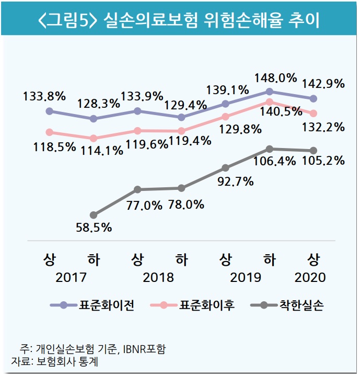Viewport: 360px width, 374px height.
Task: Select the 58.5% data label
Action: tap(94, 228)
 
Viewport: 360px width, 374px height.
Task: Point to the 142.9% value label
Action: tap(322, 83)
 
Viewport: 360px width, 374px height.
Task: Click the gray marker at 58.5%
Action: tap(94, 214)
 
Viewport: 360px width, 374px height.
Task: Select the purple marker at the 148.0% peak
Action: tap(269, 92)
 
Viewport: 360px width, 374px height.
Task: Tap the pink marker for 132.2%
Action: tap(313, 113)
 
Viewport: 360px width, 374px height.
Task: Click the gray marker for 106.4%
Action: tap(269, 149)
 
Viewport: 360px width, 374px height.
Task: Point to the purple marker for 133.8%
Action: tap(50, 111)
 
